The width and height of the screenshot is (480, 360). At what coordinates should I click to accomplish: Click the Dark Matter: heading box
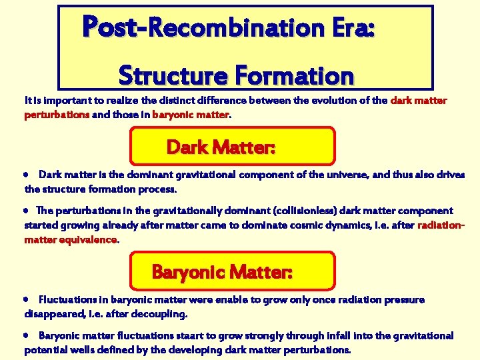232,146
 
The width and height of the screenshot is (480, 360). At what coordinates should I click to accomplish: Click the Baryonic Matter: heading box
232,271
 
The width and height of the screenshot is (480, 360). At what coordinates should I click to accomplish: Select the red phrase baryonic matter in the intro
191,114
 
